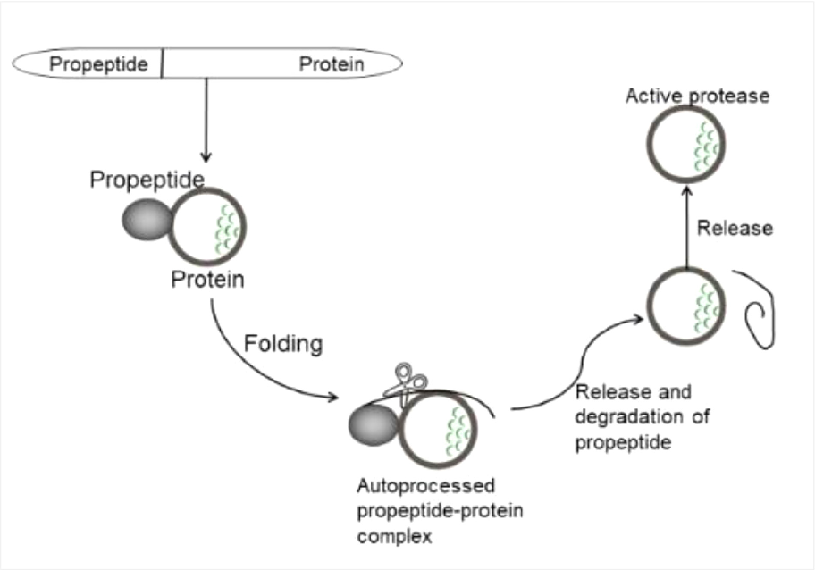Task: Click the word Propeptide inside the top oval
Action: pos(98,64)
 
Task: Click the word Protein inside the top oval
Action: pos(331,64)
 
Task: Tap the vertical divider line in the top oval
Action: pos(163,64)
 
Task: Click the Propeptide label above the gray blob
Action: pos(146,180)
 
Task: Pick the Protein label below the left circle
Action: pos(208,281)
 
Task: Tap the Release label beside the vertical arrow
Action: pos(735,229)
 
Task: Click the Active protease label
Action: pos(697,96)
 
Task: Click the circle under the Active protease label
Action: pos(685,143)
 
